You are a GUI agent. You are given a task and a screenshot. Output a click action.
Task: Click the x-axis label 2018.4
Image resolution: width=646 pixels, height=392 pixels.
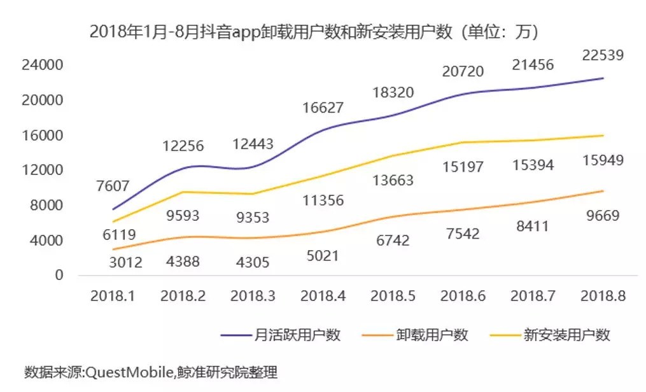[x=322, y=296]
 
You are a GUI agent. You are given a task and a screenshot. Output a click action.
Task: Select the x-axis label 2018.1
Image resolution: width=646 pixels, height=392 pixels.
[x=113, y=296]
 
